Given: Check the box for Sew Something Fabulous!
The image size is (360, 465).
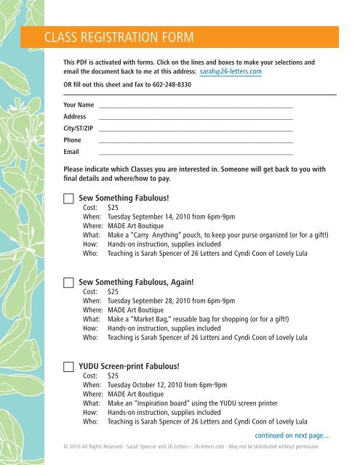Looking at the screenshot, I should click(68, 198).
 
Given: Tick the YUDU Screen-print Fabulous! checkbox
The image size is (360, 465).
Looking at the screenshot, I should click(68, 367).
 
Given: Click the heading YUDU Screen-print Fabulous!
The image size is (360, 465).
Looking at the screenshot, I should click(128, 367).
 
